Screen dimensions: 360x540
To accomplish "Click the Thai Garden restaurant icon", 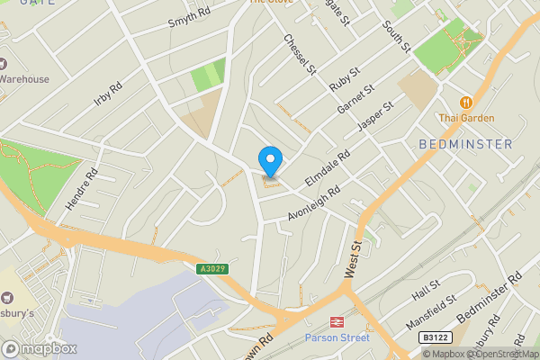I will (466, 103).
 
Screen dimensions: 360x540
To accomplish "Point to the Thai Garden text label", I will (466, 118).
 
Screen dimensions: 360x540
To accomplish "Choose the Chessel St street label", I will (301, 54).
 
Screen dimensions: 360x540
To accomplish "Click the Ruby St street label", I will (344, 78).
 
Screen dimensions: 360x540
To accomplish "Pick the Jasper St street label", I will (376, 117).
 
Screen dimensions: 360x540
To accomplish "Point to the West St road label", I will (353, 259).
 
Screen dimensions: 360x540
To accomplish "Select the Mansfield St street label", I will (430, 310).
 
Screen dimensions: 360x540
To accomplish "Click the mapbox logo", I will (40, 348).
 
